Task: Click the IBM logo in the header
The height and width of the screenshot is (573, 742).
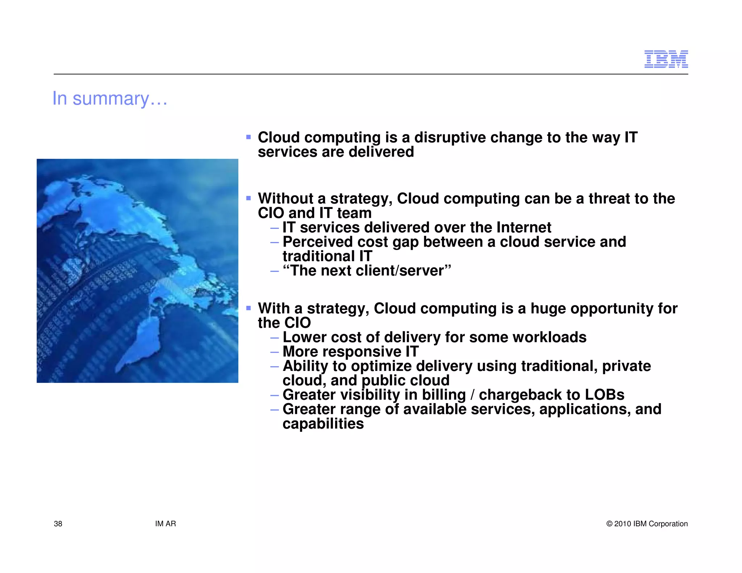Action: click(666, 59)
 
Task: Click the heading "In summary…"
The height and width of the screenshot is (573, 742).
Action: click(110, 99)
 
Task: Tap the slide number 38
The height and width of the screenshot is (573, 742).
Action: click(58, 524)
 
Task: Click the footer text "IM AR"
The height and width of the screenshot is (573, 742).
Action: click(166, 524)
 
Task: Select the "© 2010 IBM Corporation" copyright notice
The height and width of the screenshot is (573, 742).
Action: click(647, 524)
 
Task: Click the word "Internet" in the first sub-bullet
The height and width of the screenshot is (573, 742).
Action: click(524, 227)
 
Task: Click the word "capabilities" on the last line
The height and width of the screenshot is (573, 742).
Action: click(323, 424)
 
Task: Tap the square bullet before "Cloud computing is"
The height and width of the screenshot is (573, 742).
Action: click(249, 137)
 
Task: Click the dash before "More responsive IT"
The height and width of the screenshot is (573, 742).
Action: click(275, 352)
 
